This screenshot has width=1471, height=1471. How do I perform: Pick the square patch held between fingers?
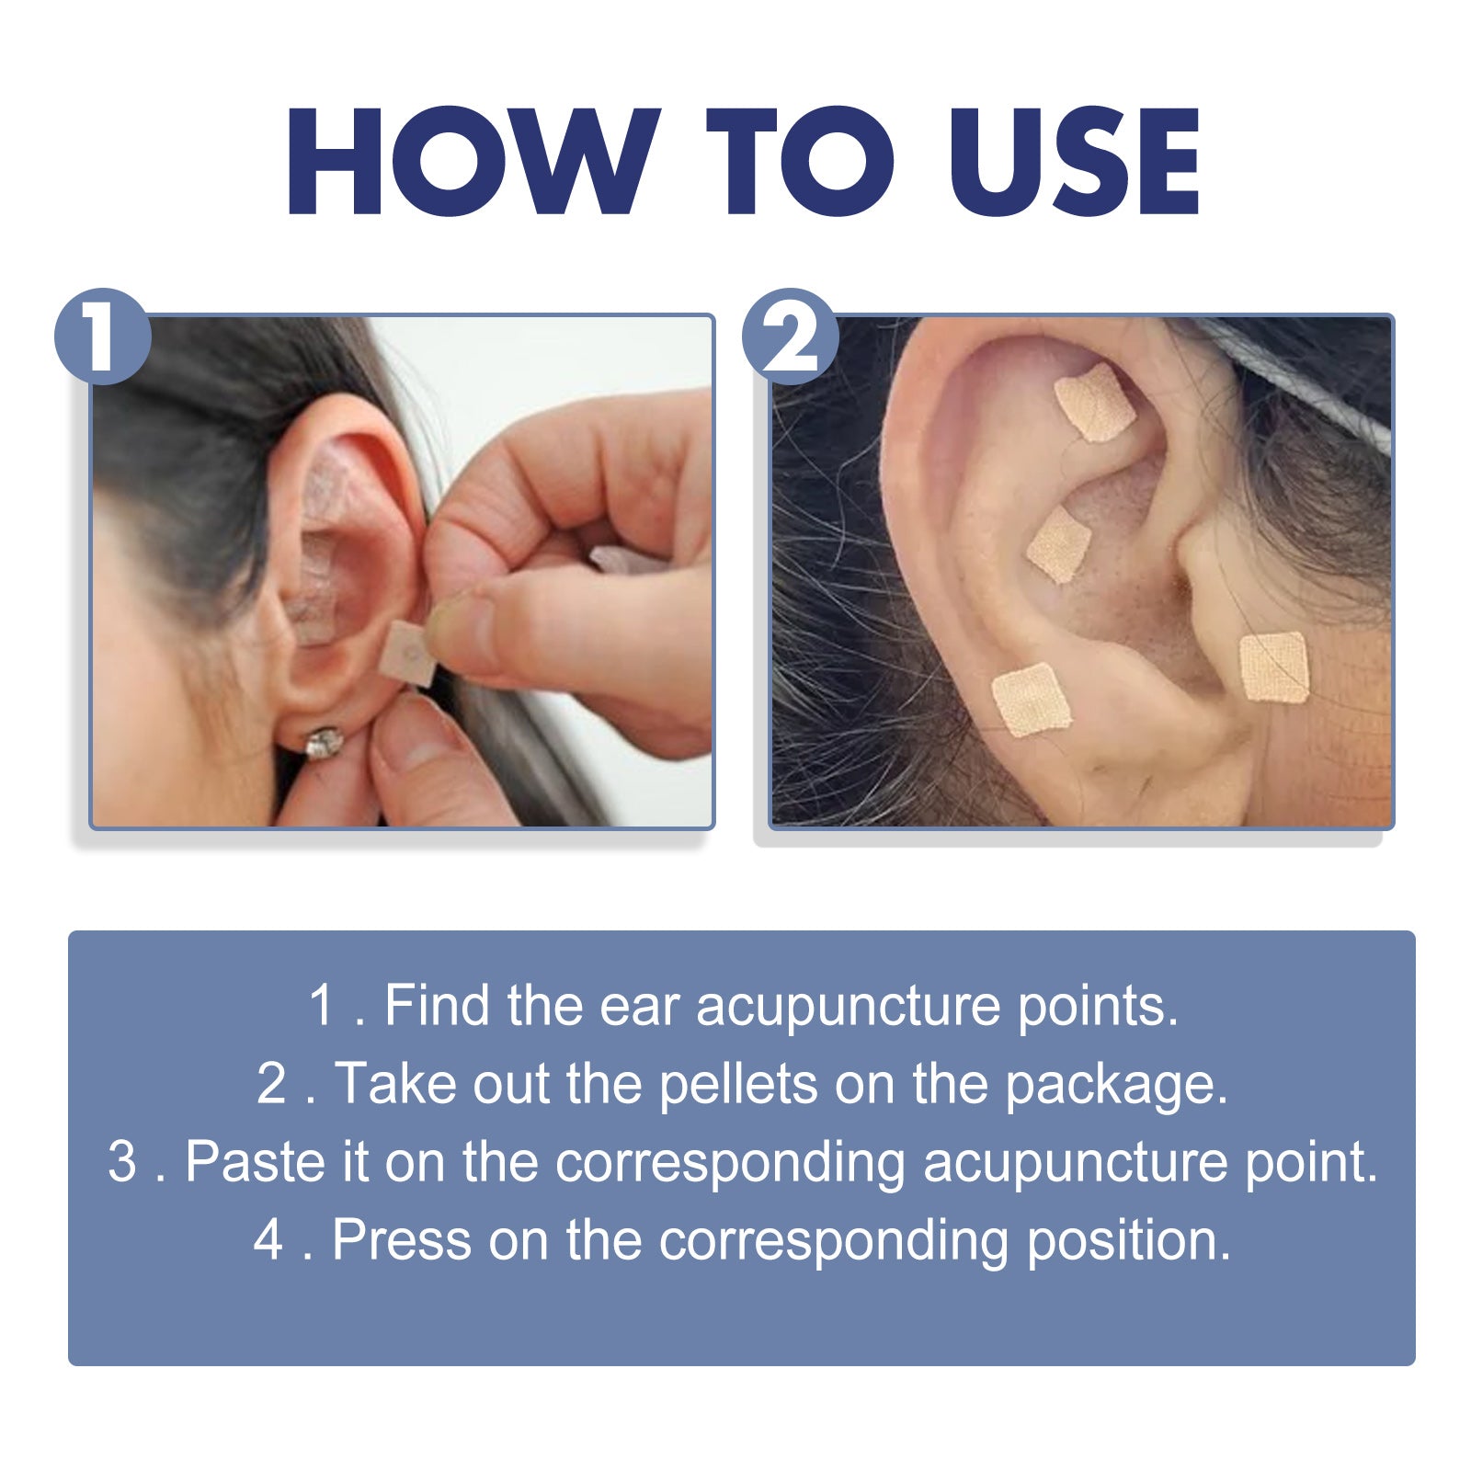click(409, 654)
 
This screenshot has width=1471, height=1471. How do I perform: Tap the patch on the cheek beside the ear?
click(1273, 667)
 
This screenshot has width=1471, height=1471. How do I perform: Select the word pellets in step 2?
click(738, 1083)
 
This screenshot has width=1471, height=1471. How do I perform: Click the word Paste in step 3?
click(255, 1161)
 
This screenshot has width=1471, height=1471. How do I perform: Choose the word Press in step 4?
click(401, 1239)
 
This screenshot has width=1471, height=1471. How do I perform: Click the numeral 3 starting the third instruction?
click(121, 1161)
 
